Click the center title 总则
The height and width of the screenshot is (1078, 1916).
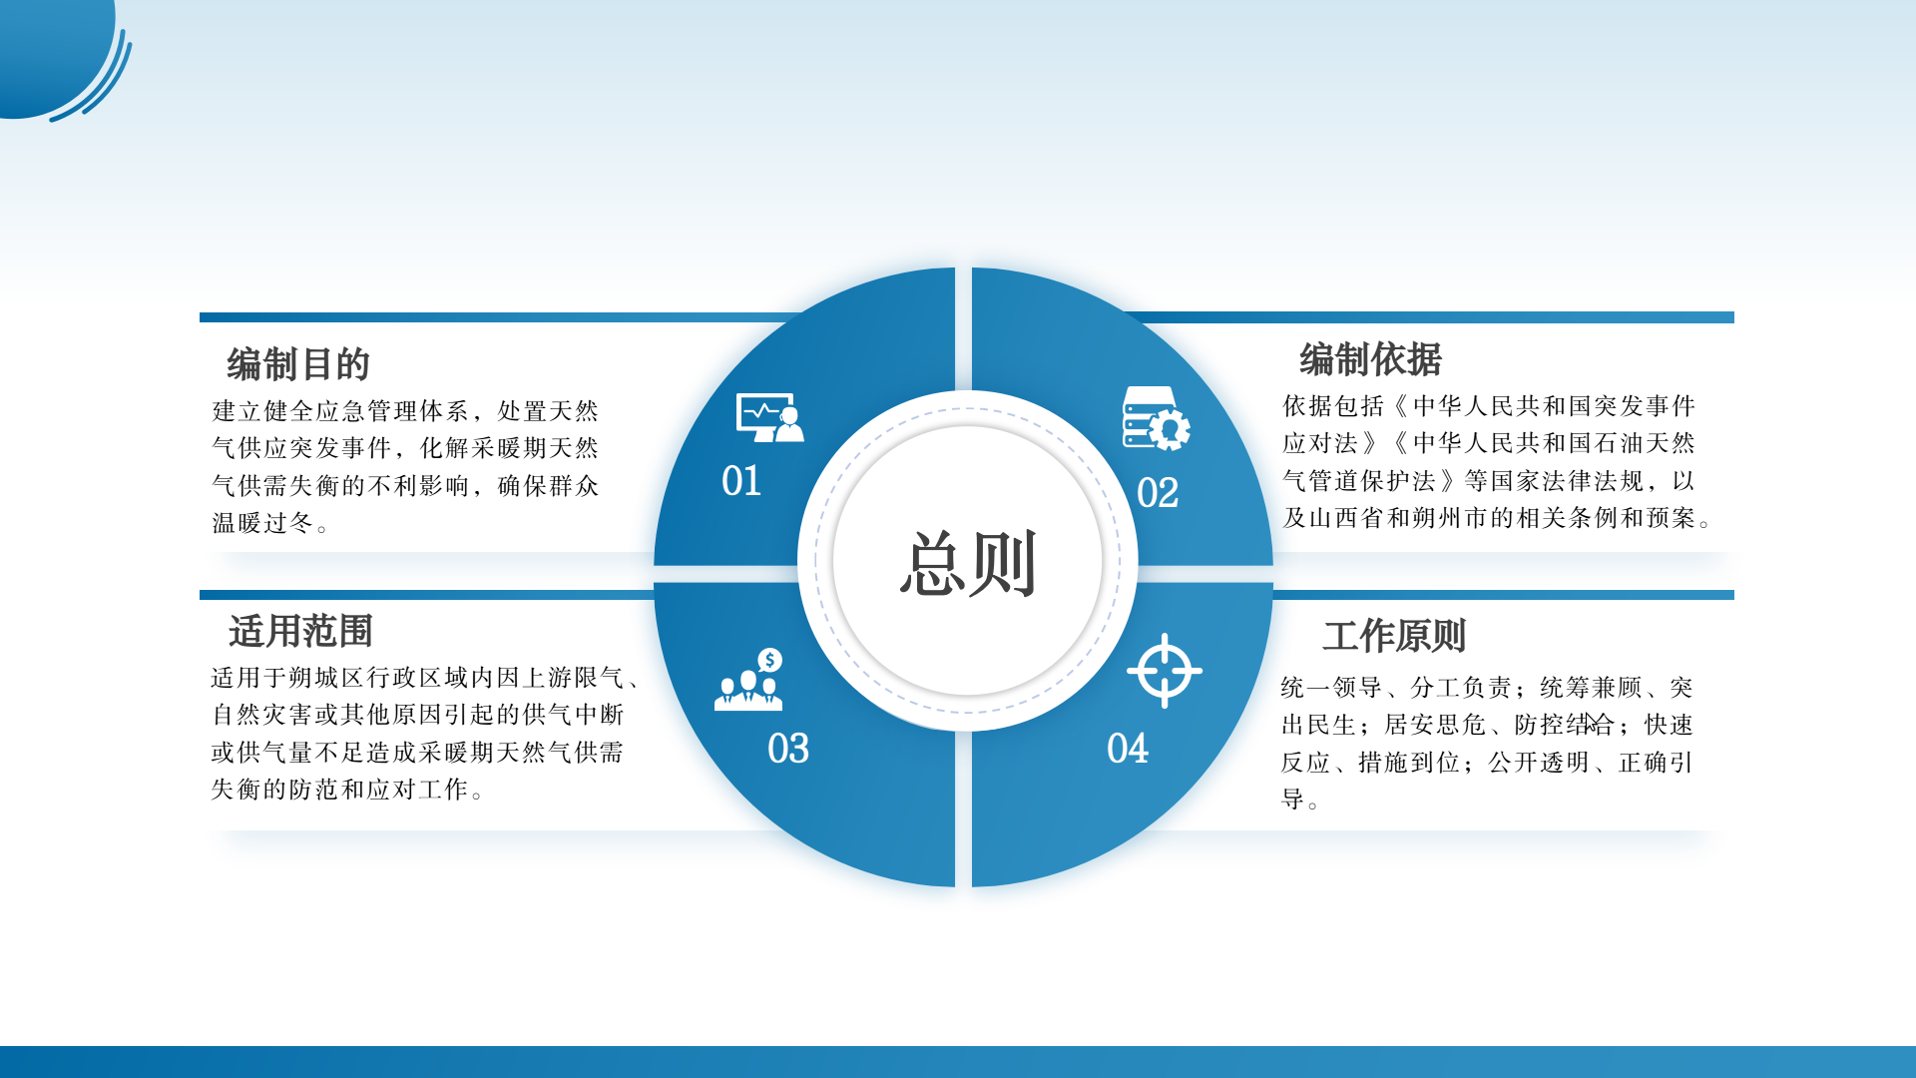pyautogui.click(x=967, y=564)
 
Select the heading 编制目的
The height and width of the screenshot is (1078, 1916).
pyautogui.click(x=298, y=364)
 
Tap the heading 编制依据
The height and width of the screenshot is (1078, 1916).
pyautogui.click(x=1370, y=359)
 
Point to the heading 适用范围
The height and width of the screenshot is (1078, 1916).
pyautogui.click(x=300, y=631)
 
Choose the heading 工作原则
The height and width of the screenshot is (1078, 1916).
pyautogui.click(x=1394, y=636)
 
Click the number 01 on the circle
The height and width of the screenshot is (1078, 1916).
pyautogui.click(x=741, y=481)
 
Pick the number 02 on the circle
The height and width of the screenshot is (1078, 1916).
pyautogui.click(x=1158, y=493)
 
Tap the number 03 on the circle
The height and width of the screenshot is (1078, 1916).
pyautogui.click(x=788, y=749)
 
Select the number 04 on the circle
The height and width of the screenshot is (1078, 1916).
pyautogui.click(x=1128, y=749)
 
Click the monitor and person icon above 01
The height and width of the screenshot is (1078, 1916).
pyautogui.click(x=769, y=417)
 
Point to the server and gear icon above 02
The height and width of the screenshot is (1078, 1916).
pyautogui.click(x=1156, y=417)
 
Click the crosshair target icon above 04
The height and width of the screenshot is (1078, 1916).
pyautogui.click(x=1165, y=671)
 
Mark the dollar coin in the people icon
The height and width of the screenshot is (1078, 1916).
pyautogui.click(x=769, y=660)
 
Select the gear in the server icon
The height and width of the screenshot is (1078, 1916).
pyautogui.click(x=1170, y=429)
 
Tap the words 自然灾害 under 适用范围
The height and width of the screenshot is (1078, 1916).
pyautogui.click(x=262, y=715)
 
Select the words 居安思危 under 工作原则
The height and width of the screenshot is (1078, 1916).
pyautogui.click(x=1435, y=725)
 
